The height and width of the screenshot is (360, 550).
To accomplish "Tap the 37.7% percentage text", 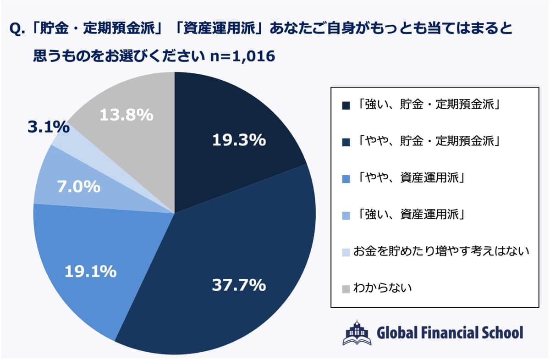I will pyautogui.click(x=238, y=285).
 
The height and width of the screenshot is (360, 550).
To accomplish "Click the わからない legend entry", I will pyautogui.click(x=382, y=288).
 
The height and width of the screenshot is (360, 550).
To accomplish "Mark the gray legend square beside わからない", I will pyautogui.click(x=346, y=289).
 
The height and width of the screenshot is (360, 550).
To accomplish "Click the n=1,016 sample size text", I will pyautogui.click(x=242, y=56).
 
